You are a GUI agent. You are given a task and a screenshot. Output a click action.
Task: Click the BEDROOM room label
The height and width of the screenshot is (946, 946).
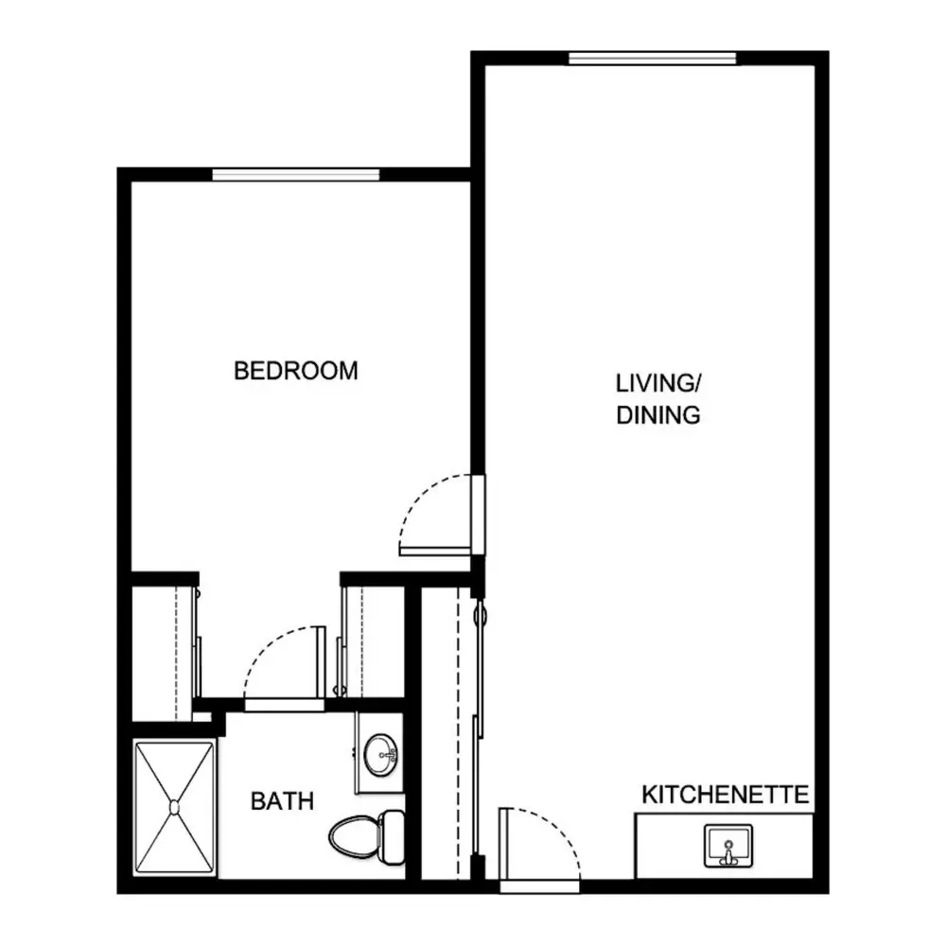295,371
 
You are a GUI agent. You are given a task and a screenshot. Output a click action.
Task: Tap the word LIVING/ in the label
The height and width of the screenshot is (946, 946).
657,383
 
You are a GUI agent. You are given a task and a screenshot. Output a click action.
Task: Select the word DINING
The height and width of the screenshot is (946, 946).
658,415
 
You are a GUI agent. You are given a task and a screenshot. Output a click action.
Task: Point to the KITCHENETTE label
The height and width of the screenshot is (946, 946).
726,795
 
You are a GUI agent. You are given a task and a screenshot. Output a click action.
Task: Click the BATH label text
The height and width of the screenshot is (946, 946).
282,801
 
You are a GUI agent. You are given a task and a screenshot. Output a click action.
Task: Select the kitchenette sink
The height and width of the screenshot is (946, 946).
728,846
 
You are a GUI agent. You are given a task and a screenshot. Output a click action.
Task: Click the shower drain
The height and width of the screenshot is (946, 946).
174,807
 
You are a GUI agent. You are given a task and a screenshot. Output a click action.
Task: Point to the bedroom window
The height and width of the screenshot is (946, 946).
295,175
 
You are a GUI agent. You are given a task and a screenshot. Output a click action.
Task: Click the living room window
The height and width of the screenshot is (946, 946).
652,59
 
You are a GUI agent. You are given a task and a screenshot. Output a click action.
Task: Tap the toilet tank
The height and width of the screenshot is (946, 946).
393,837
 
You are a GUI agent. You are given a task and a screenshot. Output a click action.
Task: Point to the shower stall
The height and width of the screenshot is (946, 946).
174,808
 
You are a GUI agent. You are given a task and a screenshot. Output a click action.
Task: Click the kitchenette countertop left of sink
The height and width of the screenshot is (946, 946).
669,846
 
